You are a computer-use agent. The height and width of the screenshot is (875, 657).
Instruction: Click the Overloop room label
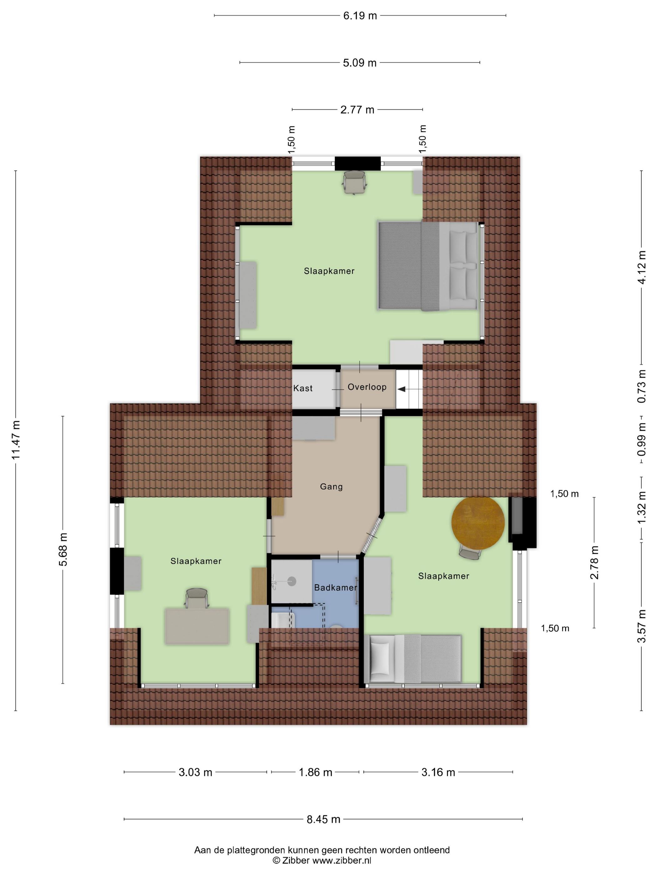367,387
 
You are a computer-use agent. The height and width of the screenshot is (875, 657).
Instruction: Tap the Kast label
303,388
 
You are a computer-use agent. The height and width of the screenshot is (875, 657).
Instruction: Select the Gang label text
331,487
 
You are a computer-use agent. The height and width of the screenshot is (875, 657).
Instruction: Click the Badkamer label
335,587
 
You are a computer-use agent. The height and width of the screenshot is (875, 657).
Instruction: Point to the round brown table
478,522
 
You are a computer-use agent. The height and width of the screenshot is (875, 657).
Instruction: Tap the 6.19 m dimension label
359,16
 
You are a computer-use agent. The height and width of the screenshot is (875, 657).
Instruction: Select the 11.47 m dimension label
16,440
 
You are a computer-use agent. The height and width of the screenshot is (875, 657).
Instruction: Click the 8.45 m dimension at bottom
323,819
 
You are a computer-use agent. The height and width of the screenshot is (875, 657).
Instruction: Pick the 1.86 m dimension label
315,772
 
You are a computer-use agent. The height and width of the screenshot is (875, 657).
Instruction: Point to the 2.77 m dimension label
357,110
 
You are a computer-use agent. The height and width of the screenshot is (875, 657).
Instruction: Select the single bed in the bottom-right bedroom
413,659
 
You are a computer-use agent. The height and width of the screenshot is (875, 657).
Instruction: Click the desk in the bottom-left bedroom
197,626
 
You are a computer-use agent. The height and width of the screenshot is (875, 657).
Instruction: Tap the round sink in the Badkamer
292,581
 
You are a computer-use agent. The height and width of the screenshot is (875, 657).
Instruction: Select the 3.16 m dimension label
438,772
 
